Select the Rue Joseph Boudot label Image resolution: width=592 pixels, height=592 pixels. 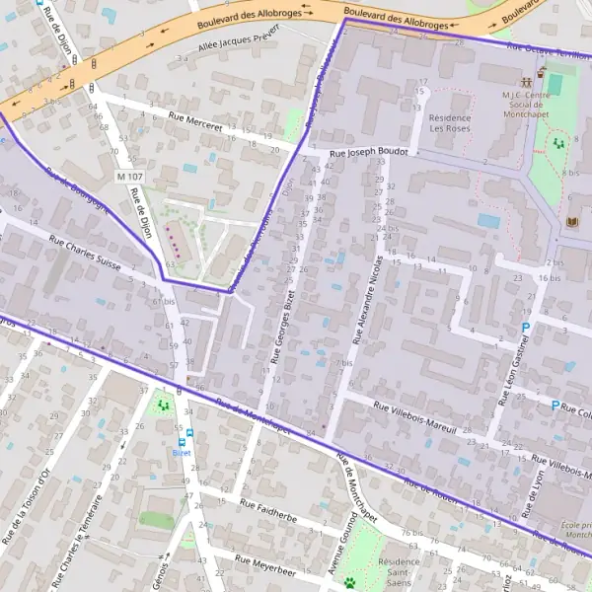[x=367, y=153]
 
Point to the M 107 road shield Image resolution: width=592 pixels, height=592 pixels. [x=128, y=177]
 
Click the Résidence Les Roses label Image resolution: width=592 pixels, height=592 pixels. [x=450, y=124]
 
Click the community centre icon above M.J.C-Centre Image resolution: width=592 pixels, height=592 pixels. [x=541, y=72]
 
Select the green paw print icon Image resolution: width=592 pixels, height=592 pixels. [x=349, y=583]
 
